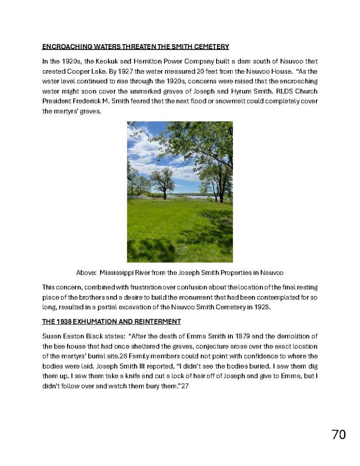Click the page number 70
click(338, 435)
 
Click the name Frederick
click(87, 101)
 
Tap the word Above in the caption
click(85, 273)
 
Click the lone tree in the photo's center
click(161, 183)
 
